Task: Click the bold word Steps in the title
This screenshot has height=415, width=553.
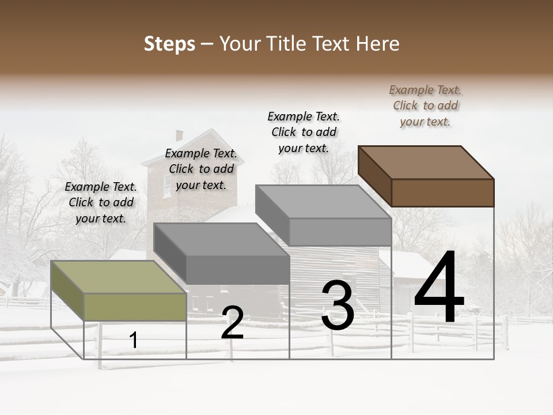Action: [x=169, y=44]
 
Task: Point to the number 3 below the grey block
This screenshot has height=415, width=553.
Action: [x=338, y=305]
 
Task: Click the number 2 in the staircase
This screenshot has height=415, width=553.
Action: [x=232, y=323]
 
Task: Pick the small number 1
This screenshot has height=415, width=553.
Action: [x=133, y=341]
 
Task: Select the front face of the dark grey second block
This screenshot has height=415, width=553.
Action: [x=238, y=270]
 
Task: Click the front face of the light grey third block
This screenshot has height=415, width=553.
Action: [x=340, y=232]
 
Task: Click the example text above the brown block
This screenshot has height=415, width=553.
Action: [x=425, y=105]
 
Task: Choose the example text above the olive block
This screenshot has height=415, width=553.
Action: [x=101, y=202]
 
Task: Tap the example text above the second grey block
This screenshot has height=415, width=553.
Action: [x=201, y=169]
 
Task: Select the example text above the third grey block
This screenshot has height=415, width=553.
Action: [x=304, y=132]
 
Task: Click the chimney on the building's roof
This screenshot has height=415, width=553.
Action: [x=179, y=135]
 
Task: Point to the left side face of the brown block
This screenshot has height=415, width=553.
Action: [x=374, y=176]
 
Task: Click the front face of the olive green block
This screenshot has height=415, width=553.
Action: [x=135, y=307]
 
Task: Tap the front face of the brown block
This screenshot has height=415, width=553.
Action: [x=442, y=193]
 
